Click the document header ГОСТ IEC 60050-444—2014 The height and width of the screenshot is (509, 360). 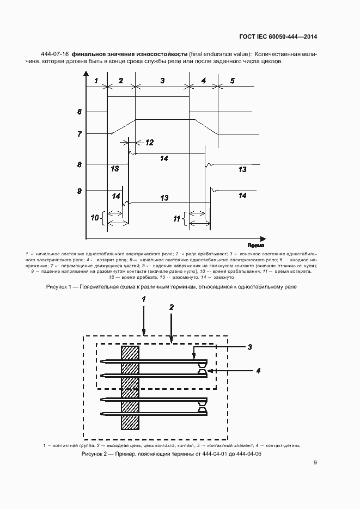[278, 37]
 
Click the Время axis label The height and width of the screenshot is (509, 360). [256, 246]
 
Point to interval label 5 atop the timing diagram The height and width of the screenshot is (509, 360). [232, 81]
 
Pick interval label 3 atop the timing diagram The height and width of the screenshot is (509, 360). [162, 81]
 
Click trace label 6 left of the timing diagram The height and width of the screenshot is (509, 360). [80, 112]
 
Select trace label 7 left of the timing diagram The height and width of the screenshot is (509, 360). [80, 133]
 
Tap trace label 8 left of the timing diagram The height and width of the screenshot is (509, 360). [80, 164]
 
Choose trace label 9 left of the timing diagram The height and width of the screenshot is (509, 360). [80, 191]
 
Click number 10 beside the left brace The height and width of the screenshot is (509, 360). [94, 218]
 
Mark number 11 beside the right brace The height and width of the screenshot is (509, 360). [176, 219]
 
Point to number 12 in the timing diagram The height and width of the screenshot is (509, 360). [149, 143]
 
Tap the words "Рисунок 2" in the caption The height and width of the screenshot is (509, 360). [95, 453]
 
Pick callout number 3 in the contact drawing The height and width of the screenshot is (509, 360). [249, 347]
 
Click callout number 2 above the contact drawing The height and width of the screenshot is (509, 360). [172, 307]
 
